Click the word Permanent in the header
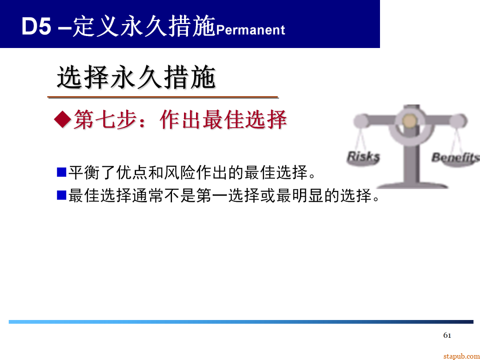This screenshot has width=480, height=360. click(x=250, y=30)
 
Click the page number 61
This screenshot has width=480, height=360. click(x=447, y=335)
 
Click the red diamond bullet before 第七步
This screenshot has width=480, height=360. click(x=62, y=120)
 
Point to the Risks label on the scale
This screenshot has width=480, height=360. click(x=363, y=157)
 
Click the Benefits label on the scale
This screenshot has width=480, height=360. click(x=455, y=157)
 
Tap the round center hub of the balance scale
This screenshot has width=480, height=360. click(x=410, y=121)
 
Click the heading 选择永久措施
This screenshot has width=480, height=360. click(x=136, y=78)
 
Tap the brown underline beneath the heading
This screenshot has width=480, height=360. click(x=163, y=97)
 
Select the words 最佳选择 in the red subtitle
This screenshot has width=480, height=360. click(x=244, y=120)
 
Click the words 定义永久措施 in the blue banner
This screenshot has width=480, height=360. click(x=144, y=27)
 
